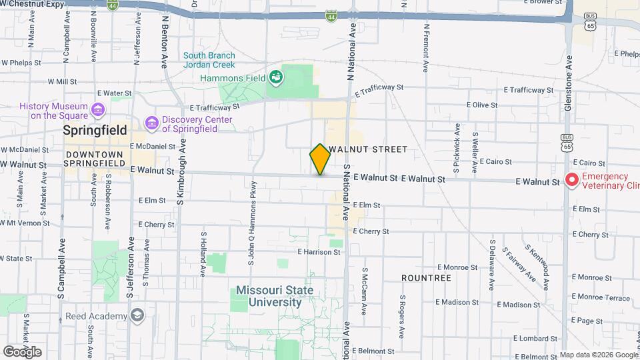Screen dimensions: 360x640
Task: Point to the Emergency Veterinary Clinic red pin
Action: (571, 180)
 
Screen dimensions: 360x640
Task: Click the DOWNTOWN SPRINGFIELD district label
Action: (95, 158)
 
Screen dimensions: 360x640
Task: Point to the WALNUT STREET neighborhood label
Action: (367, 149)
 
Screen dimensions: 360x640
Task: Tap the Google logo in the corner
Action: (21, 352)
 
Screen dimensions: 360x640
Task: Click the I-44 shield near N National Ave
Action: (331, 15)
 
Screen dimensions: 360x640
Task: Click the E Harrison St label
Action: (319, 252)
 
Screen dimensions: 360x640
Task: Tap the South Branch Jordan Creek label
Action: (209, 61)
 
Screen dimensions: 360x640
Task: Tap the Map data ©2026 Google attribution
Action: (599, 355)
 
